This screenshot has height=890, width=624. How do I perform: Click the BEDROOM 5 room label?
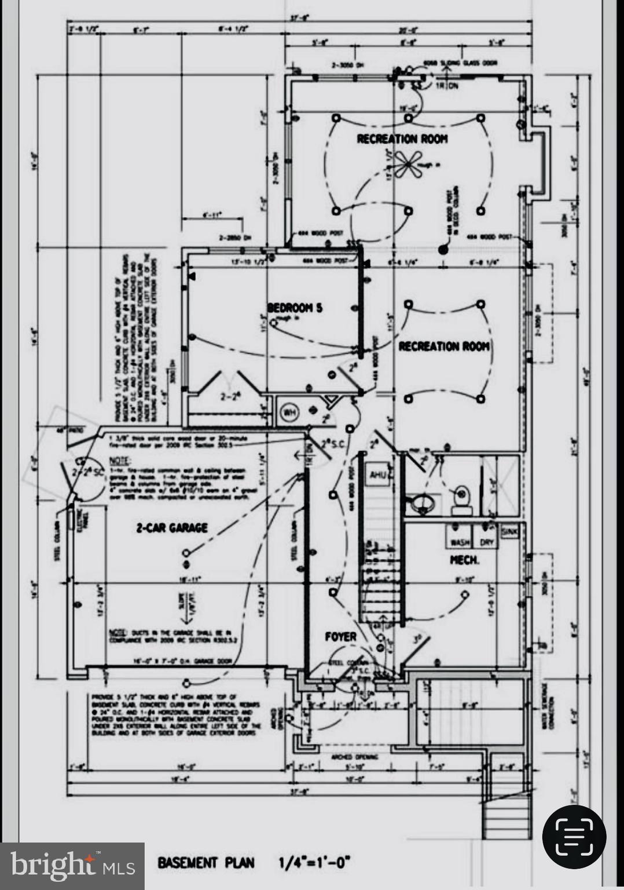294,308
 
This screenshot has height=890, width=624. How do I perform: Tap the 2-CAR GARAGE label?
172,528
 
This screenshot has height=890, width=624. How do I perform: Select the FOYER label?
340,637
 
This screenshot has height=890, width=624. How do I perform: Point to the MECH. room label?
464,560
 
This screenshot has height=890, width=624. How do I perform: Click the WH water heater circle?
288,413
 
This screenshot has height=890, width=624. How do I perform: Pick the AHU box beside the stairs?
378,475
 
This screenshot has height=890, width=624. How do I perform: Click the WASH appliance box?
460,542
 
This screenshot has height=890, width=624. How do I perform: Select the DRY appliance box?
487,542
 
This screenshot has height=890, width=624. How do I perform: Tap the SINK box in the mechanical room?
509,531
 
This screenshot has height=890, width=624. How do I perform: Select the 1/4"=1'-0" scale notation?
314,863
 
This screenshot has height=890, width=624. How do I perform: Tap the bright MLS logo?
72,866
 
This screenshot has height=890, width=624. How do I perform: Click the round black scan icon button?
574,837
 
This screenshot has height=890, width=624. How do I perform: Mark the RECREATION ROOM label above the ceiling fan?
402,139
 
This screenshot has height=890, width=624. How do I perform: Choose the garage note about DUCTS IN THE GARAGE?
171,636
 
